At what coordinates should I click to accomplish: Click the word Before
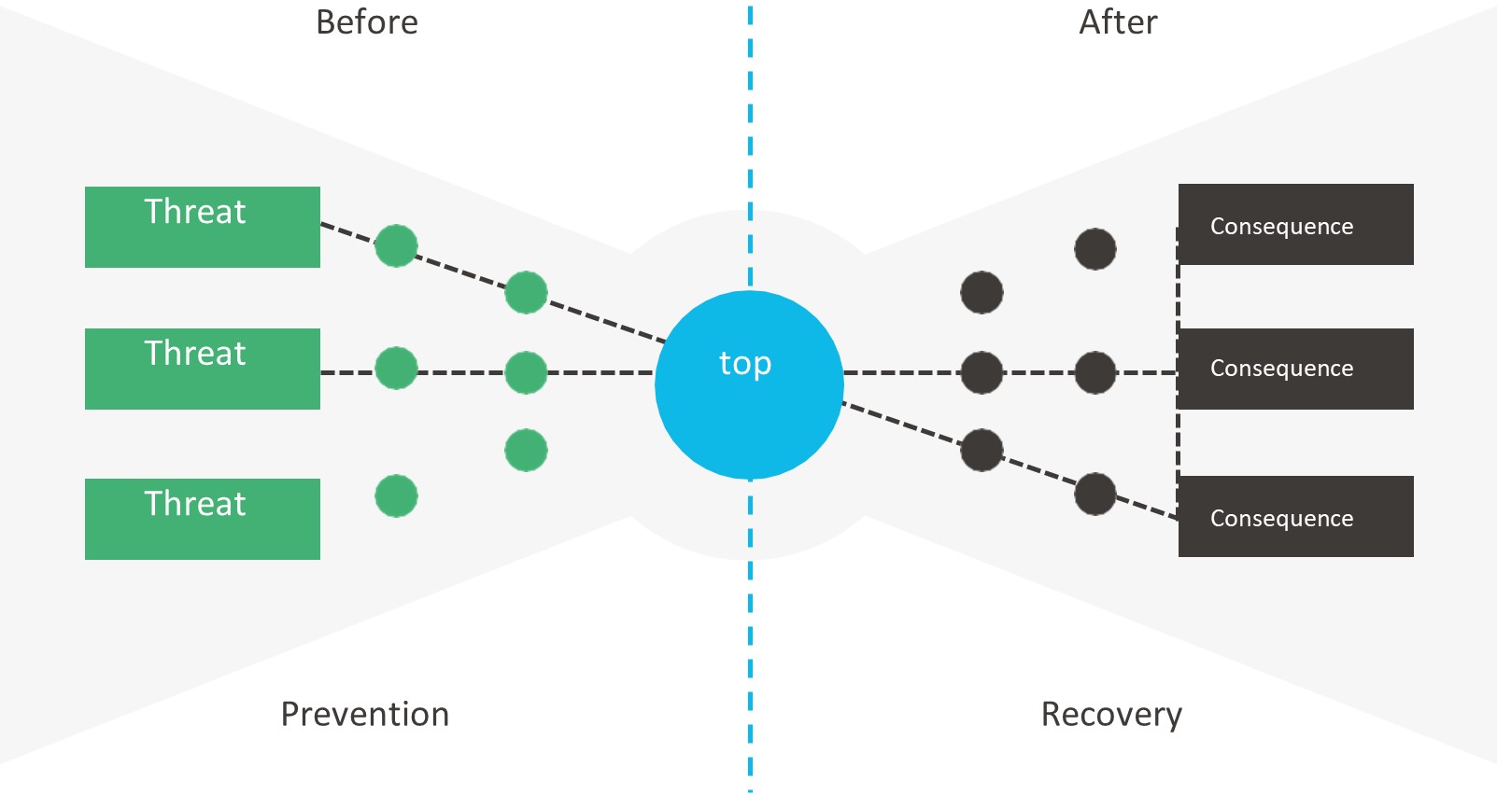click(x=367, y=22)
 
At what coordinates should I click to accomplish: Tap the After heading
click(x=1118, y=22)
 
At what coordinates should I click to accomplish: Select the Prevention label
click(x=365, y=715)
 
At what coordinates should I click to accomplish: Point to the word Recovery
click(x=1111, y=715)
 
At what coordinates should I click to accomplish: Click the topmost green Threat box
click(x=203, y=227)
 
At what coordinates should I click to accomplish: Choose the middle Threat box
click(x=203, y=369)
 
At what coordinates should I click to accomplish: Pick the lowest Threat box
click(x=203, y=519)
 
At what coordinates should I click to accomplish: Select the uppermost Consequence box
click(x=1295, y=225)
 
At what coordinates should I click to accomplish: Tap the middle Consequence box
click(x=1295, y=369)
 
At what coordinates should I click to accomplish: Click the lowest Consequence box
click(x=1295, y=516)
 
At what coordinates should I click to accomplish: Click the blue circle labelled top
click(x=749, y=384)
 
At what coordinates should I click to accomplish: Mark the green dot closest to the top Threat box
click(x=396, y=245)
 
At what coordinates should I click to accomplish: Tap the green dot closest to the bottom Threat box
click(x=396, y=496)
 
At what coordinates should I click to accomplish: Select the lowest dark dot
click(x=1095, y=494)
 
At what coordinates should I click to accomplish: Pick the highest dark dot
click(x=1095, y=249)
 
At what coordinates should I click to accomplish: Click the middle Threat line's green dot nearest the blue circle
click(x=526, y=372)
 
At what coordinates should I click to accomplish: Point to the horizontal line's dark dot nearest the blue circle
click(x=982, y=372)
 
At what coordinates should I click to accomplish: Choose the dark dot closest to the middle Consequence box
click(x=1095, y=372)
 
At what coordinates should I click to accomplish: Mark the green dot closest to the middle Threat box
click(x=396, y=368)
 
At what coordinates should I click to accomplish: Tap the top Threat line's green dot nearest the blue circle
click(x=526, y=292)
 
